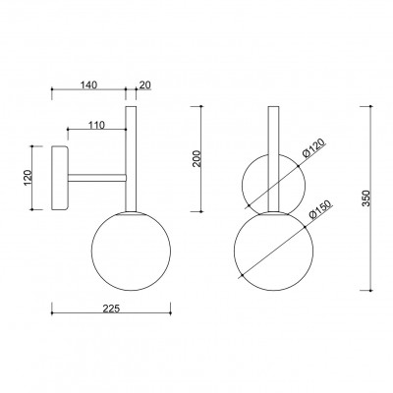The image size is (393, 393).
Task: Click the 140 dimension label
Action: pyautogui.click(x=89, y=84)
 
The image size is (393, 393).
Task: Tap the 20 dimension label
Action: pyautogui.click(x=145, y=84)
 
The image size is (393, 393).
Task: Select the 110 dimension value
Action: pyautogui.click(x=96, y=125)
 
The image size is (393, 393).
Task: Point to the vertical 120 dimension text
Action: pyautogui.click(x=28, y=178)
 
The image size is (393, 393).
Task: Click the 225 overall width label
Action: pyautogui.click(x=111, y=309)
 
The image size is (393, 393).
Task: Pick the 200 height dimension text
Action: pyautogui.click(x=196, y=159)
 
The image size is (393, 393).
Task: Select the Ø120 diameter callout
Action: pyautogui.click(x=313, y=148)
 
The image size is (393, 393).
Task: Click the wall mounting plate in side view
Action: pyautogui.click(x=60, y=178)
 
